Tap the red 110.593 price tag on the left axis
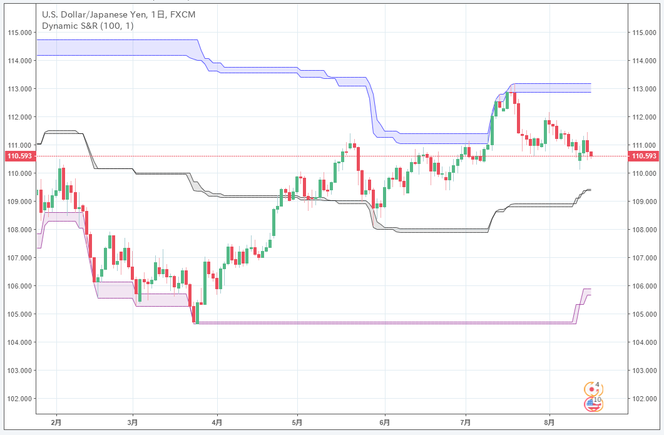(x=18, y=156)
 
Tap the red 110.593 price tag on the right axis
(x=645, y=156)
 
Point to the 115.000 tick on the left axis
(x=19, y=33)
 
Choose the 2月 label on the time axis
(x=56, y=422)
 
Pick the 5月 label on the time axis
(x=297, y=422)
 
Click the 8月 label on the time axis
(x=549, y=422)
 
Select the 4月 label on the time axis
(x=217, y=422)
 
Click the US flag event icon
(x=592, y=404)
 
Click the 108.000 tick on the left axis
(x=19, y=230)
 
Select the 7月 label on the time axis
(x=465, y=422)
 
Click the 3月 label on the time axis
(x=133, y=422)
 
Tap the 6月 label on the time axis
(x=385, y=422)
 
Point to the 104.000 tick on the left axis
(x=19, y=342)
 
